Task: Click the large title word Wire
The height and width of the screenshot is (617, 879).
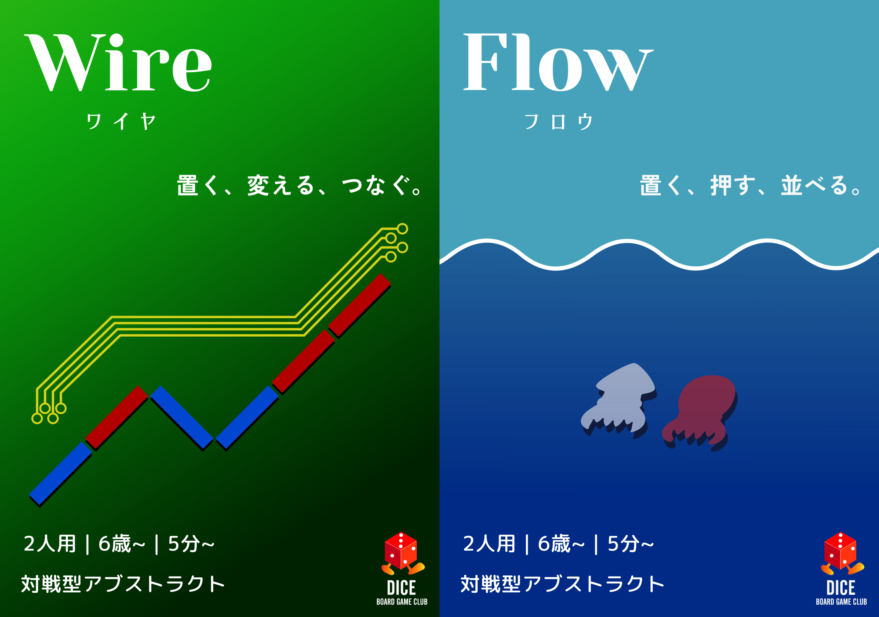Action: pos(119,63)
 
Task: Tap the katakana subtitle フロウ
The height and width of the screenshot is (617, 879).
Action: pos(559,122)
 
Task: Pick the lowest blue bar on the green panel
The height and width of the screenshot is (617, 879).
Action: pos(61,473)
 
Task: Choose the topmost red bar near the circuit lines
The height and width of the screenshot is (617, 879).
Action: pos(359,305)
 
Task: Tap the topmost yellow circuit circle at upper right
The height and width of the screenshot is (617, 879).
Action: pos(402,229)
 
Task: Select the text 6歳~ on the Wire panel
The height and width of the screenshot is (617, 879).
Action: pos(122,544)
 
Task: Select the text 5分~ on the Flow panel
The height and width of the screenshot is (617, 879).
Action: pos(631,544)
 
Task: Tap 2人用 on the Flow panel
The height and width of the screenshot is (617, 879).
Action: pos(489,544)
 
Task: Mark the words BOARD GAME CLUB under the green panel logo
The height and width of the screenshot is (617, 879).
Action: pos(402,602)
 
